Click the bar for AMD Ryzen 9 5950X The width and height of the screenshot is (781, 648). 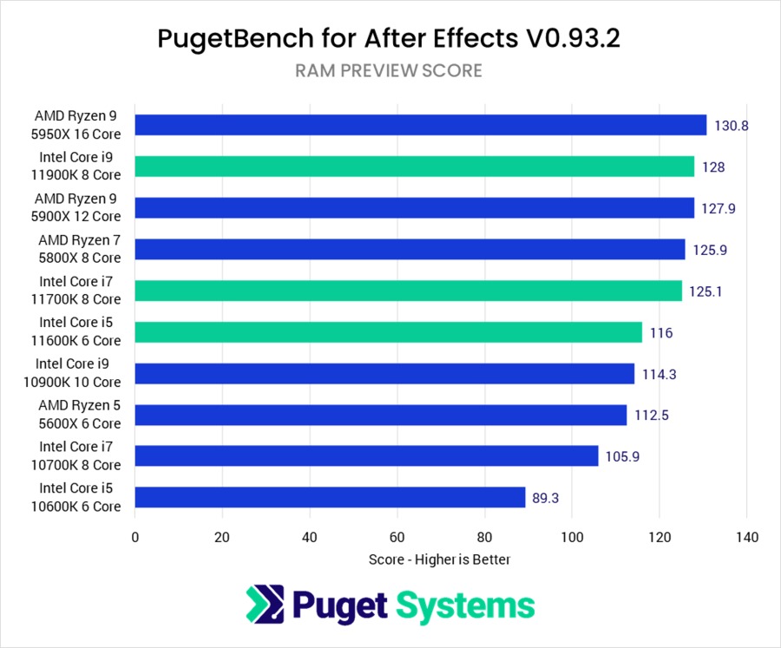click(x=421, y=125)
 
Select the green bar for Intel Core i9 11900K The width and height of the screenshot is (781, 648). click(x=415, y=167)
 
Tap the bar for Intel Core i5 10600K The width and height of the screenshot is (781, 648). click(x=330, y=497)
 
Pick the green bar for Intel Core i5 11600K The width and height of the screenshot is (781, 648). click(x=389, y=332)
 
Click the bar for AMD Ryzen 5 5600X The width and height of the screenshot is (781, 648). click(x=381, y=416)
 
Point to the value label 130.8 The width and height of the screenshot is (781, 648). click(x=732, y=125)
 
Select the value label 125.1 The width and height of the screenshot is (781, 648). click(x=706, y=291)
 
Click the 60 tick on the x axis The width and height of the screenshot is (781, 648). click(x=397, y=537)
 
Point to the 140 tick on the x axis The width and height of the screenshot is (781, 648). click(x=747, y=537)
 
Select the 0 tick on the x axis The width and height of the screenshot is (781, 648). click(x=135, y=537)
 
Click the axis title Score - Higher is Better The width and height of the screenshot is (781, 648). click(x=439, y=560)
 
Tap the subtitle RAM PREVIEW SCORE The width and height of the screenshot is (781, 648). click(x=389, y=71)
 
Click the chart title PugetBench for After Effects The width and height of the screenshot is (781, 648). click(x=389, y=38)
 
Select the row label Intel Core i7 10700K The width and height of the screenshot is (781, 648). click(x=80, y=455)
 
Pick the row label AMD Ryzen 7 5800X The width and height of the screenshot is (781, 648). click(x=80, y=249)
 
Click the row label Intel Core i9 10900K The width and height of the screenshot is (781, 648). click(x=78, y=373)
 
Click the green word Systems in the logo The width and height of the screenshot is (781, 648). click(x=465, y=605)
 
